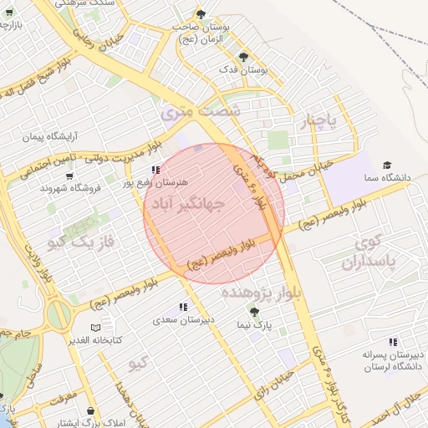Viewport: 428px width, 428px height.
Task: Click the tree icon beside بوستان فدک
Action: click(243, 57)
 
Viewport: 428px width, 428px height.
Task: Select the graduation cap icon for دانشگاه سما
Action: click(386, 165)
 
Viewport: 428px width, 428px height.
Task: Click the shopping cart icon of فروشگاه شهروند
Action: click(69, 176)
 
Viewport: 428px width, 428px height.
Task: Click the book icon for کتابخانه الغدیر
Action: click(94, 328)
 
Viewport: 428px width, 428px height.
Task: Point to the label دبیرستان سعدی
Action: click(176, 319)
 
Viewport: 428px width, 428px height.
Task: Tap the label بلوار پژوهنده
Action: click(256, 293)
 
